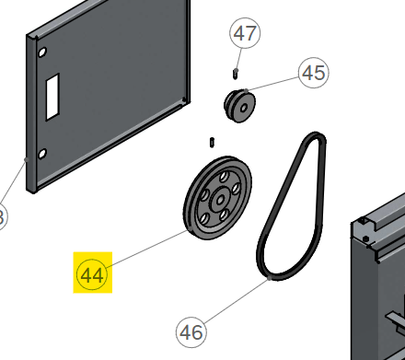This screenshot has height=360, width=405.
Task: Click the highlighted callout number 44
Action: click(x=92, y=274)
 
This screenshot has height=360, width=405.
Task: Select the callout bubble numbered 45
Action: click(x=313, y=73)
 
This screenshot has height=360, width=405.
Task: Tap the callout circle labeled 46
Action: click(x=191, y=332)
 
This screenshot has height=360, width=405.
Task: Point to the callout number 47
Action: click(x=245, y=33)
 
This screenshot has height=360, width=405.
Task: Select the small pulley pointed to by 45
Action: click(x=239, y=106)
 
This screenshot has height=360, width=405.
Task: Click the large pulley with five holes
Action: click(x=218, y=198)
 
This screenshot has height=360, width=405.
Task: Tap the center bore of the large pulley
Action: click(x=220, y=201)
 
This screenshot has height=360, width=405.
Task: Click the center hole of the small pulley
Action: click(x=244, y=108)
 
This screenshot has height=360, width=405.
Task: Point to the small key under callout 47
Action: click(x=236, y=74)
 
